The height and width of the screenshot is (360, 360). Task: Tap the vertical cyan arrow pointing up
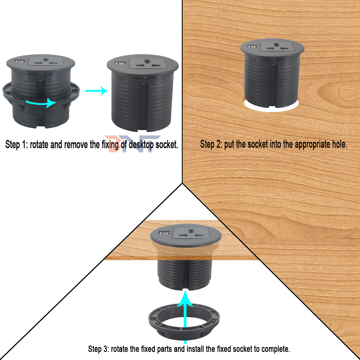(185, 317)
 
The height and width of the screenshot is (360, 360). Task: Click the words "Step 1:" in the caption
(16, 145)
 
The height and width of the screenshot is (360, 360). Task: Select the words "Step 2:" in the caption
(211, 145)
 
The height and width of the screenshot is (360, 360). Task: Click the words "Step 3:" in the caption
(98, 349)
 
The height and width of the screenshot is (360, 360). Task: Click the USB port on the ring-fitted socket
(19, 62)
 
